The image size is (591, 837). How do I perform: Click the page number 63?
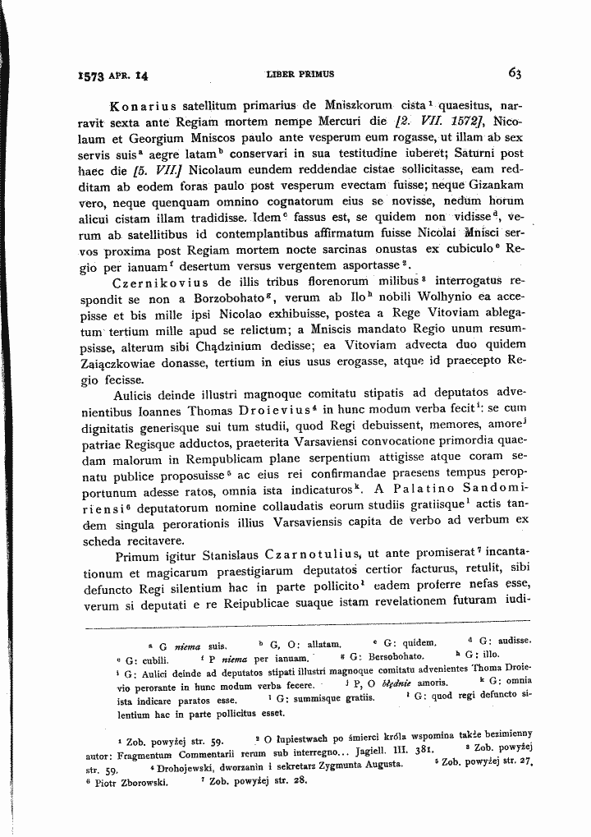click(515, 72)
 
